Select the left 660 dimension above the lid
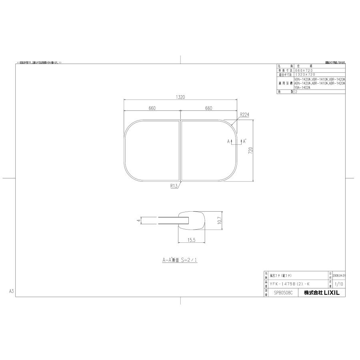pyautogui.click(x=152, y=108)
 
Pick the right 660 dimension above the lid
pyautogui.click(x=208, y=108)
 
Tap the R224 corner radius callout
pyautogui.click(x=245, y=114)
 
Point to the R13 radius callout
pyautogui.click(x=174, y=186)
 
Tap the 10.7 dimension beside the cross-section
pyautogui.click(x=219, y=220)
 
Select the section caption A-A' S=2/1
pyautogui.click(x=180, y=260)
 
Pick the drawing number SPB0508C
pyautogui.click(x=283, y=293)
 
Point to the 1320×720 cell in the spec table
pyautogui.click(x=305, y=74)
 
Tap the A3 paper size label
pyautogui.click(x=12, y=292)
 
